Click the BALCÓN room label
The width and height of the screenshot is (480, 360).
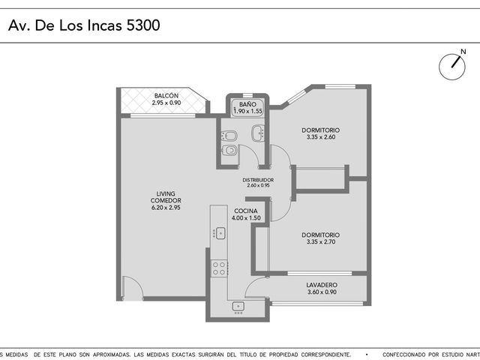tap(166, 96)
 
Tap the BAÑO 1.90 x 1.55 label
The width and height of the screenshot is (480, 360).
tap(247, 108)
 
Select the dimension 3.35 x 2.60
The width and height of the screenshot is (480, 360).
tap(321, 137)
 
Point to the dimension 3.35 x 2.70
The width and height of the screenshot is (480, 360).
tap(321, 241)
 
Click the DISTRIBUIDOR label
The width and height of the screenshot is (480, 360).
tap(258, 180)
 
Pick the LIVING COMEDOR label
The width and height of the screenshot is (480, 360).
tap(166, 197)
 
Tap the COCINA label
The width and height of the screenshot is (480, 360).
tap(246, 211)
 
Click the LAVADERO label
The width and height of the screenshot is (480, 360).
tap(322, 285)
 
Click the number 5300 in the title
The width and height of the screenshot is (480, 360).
tap(143, 25)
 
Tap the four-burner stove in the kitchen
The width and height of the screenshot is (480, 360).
tap(219, 268)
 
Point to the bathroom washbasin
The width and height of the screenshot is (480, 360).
tap(258, 133)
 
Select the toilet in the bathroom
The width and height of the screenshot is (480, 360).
tap(229, 150)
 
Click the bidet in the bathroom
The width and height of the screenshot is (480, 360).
tap(229, 135)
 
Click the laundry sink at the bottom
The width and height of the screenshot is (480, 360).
tap(238, 307)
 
